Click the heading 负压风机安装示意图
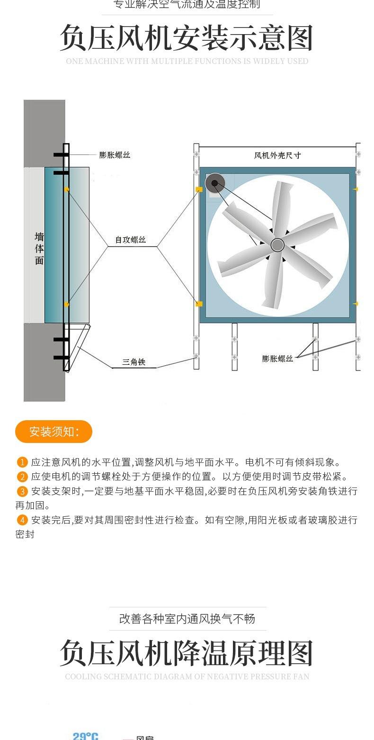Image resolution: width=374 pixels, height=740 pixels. coord(187,38)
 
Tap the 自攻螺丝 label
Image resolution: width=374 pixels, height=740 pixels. coord(131,240)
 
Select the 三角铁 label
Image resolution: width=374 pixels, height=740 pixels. coord(134,362)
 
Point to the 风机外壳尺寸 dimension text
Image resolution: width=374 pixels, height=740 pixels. coord(277,155)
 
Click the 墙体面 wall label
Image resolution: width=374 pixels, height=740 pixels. coord(39,248)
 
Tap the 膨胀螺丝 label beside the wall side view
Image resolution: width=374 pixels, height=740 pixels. coord(115,155)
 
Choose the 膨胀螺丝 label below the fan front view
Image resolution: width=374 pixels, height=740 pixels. coord(277,359)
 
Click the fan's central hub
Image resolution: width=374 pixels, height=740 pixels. coord(277,245)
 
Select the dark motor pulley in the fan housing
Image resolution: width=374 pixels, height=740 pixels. coord(214,183)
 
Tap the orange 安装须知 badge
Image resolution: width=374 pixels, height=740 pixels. coord(53,432)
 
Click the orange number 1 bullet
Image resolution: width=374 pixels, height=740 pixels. coord(22,462)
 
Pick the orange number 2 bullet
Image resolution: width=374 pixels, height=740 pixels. coord(22,477)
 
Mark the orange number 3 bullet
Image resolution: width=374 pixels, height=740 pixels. coord(22,491)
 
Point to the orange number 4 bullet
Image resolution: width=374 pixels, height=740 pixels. coord(22,520)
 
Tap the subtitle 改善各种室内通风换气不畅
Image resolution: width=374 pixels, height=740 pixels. coord(187,619)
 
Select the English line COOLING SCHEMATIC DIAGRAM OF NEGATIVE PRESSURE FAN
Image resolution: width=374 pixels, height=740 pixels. coord(187,677)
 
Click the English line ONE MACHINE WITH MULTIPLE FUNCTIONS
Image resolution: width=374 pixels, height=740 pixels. coord(187,61)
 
